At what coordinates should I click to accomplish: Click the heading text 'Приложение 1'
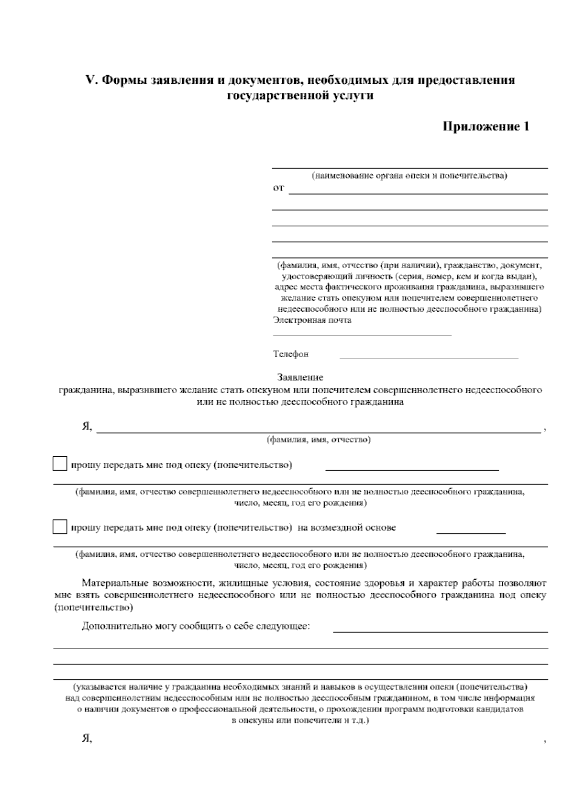tap(486, 126)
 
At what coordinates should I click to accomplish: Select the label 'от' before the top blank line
tap(278, 188)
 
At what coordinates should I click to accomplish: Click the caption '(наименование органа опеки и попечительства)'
tap(409, 176)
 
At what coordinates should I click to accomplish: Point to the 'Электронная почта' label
tap(312, 320)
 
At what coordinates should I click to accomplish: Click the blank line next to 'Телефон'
tap(429, 357)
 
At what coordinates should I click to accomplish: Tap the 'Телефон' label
tap(291, 354)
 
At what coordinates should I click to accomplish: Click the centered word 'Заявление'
tap(300, 377)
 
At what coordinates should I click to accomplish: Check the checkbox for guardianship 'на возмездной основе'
tap(60, 527)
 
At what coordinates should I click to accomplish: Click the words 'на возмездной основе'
tap(347, 528)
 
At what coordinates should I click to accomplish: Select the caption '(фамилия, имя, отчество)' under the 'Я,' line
tap(319, 440)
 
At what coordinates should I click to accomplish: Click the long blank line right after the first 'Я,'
tap(319, 432)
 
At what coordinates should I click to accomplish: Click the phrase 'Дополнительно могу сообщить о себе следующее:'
tap(196, 626)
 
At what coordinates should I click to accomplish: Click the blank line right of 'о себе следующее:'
tap(440, 632)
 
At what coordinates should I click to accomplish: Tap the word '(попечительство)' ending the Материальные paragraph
tap(93, 608)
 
